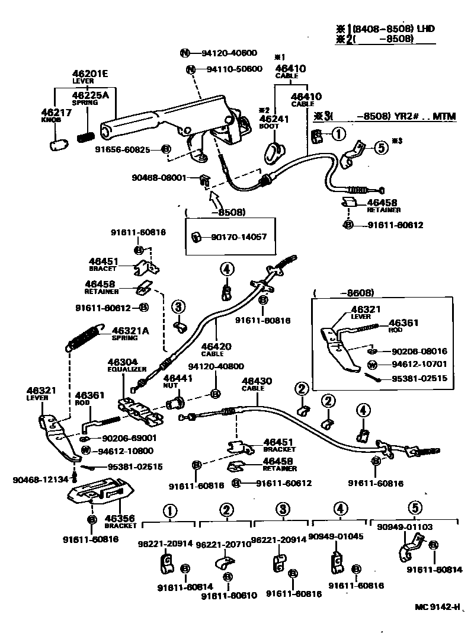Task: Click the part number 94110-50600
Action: (x=234, y=69)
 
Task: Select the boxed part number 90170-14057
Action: (x=238, y=237)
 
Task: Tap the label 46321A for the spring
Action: (x=130, y=330)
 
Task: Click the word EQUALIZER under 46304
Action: (x=127, y=369)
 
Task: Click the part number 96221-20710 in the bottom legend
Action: (x=223, y=544)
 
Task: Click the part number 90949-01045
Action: (x=336, y=536)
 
